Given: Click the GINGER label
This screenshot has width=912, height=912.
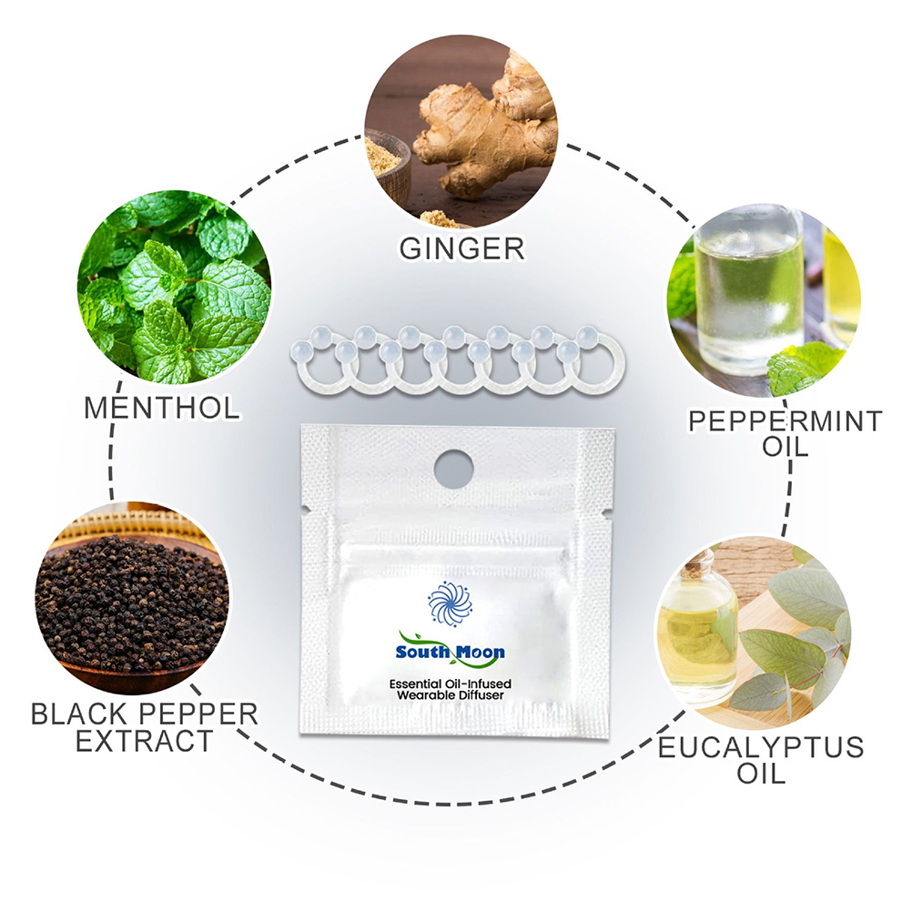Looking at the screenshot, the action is (x=461, y=248).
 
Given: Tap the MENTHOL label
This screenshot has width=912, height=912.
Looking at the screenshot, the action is (x=162, y=408).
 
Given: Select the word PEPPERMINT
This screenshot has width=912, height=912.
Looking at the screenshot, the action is (x=785, y=421).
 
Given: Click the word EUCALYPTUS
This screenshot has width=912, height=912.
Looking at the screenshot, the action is (x=761, y=747).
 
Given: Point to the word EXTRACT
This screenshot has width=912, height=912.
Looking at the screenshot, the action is (x=144, y=742).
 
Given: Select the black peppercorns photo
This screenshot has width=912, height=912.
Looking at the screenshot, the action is (x=133, y=599).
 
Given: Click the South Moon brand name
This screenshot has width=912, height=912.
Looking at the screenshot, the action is (x=451, y=652).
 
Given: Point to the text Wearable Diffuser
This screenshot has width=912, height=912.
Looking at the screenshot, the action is (x=451, y=695).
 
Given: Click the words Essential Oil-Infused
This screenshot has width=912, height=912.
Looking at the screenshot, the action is (x=451, y=684).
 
